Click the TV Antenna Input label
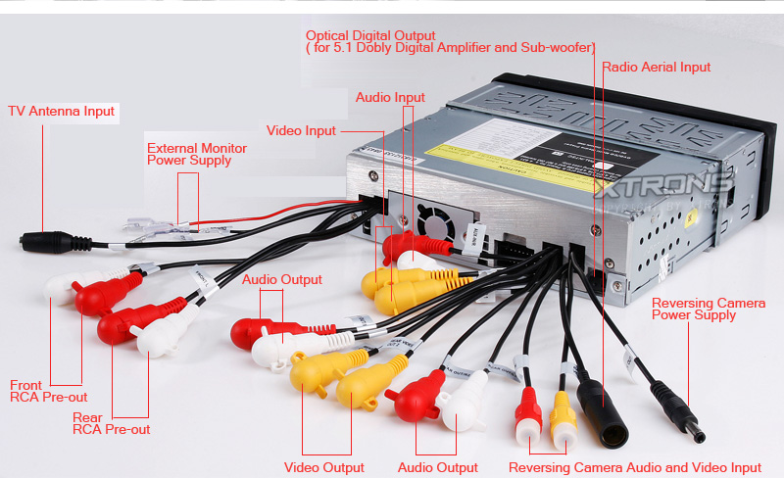(62, 112)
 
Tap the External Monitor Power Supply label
(196, 155)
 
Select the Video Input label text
(301, 131)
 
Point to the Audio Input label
(390, 98)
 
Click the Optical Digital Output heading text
(370, 36)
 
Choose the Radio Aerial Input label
(656, 68)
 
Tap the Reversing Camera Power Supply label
(708, 310)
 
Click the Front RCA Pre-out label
(48, 392)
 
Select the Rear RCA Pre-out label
(111, 424)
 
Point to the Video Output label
(323, 468)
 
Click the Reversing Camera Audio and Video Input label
(635, 468)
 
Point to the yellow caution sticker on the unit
(519, 157)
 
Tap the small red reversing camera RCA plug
(528, 416)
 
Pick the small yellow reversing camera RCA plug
(563, 419)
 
